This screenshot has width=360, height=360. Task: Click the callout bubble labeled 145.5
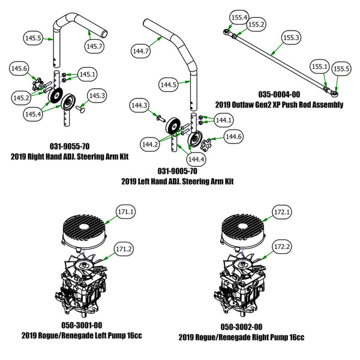click(32, 38)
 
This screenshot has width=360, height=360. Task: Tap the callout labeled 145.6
click(20, 70)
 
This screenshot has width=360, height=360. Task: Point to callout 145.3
click(98, 95)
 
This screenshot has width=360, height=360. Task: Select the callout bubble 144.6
click(233, 137)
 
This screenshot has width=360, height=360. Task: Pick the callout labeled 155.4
click(239, 18)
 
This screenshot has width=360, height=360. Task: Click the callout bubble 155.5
click(342, 69)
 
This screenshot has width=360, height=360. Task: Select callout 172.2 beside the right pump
click(283, 247)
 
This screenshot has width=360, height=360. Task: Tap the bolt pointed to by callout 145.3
click(80, 110)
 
